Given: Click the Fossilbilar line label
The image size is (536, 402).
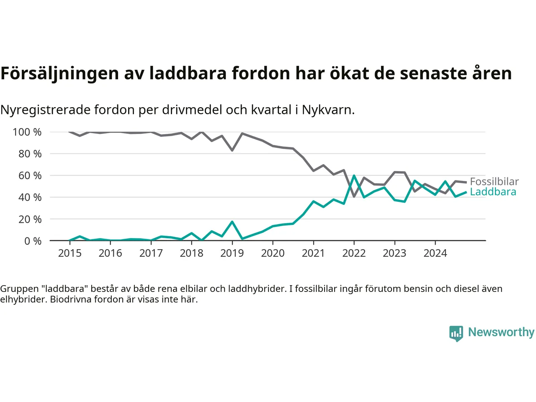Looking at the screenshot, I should (494, 182).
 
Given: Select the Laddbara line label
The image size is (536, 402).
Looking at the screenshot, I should (493, 192).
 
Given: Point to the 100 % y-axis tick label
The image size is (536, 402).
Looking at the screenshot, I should (27, 132).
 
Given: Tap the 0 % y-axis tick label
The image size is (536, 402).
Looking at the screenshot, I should (33, 241).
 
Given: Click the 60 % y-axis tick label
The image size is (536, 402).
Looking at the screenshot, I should (30, 176).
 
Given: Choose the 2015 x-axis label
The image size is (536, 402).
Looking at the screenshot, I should (70, 253).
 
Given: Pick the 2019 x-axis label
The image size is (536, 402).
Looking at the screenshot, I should (232, 253).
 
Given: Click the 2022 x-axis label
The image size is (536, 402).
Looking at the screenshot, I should (354, 253).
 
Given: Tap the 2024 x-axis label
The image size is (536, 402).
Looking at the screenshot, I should (435, 253).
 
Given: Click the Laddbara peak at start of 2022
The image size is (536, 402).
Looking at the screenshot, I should (354, 176).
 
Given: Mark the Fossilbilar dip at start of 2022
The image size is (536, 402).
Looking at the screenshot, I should (354, 196).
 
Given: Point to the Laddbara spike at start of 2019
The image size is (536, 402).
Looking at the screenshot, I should (232, 222).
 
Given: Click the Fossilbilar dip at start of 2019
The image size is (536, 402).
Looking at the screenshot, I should (232, 150).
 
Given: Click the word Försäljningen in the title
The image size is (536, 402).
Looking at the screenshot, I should (59, 74).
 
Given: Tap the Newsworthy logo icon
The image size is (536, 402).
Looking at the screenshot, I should (456, 333).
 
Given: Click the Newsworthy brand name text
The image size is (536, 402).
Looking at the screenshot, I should (501, 332).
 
